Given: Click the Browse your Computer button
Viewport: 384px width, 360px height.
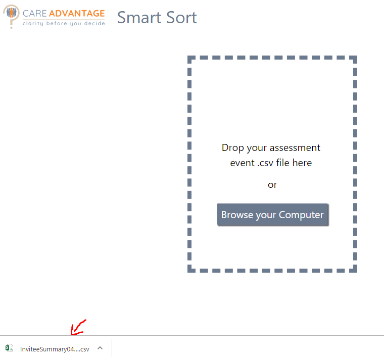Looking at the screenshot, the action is [273, 215].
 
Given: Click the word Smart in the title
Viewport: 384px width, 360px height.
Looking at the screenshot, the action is [139, 18].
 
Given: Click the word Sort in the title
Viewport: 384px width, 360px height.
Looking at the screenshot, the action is [181, 18].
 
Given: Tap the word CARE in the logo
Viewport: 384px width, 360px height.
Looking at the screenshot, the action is [34, 14].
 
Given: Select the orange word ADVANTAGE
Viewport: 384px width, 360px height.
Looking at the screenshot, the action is [77, 14].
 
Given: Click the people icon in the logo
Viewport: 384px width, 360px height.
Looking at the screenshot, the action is [11, 12].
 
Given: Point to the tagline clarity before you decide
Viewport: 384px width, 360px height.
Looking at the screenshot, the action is [64, 24].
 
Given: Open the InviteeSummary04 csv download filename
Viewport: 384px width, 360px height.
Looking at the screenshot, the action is [55, 349].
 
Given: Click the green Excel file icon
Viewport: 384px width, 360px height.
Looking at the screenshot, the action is [9, 348].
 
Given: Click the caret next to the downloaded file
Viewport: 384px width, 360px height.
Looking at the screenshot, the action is [100, 348].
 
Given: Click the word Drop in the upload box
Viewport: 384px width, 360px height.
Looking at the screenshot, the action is [232, 148].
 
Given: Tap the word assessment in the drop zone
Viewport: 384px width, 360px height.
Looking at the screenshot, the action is [295, 148].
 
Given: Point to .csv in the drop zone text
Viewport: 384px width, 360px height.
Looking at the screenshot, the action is [265, 163].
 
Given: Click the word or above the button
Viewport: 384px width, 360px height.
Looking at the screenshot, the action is [272, 185].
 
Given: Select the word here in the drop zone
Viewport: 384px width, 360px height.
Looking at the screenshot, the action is [302, 163].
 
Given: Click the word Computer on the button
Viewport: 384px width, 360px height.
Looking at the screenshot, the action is [301, 215].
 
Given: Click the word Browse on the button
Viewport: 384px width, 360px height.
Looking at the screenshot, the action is [237, 215].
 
